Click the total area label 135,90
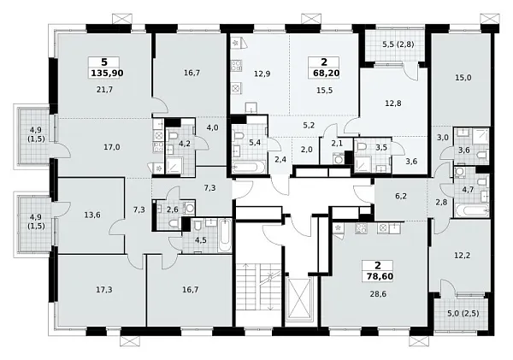[107, 73]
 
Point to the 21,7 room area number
[104, 89]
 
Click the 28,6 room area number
[378, 294]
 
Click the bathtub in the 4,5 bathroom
[224, 236]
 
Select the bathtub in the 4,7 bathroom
[471, 210]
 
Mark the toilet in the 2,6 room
[174, 223]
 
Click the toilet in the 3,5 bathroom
[362, 147]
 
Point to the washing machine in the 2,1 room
[338, 158]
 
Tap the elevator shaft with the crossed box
[299, 298]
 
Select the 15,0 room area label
[463, 78]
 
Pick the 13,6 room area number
[92, 215]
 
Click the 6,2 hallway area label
[401, 197]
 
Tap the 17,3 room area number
[104, 290]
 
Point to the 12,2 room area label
[463, 256]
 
